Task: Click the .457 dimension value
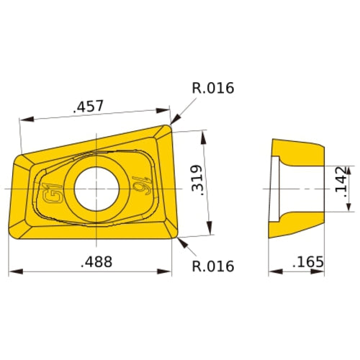click(89, 106)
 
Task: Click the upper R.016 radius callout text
click(212, 89)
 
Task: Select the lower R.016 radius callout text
click(212, 266)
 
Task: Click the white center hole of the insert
click(96, 187)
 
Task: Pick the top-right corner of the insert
click(170, 127)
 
